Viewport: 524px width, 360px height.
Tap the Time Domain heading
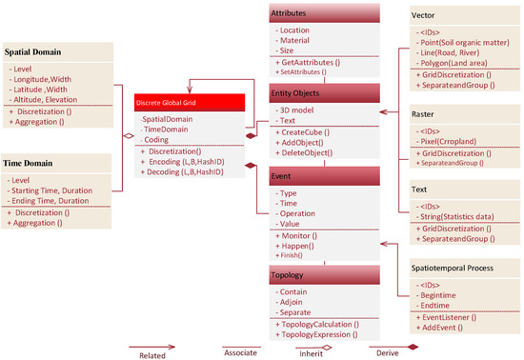tap(30, 164)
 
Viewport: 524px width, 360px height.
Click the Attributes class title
tap(290, 13)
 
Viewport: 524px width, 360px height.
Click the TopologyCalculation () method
tap(316, 324)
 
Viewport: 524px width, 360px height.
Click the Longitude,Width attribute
tap(43, 81)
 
